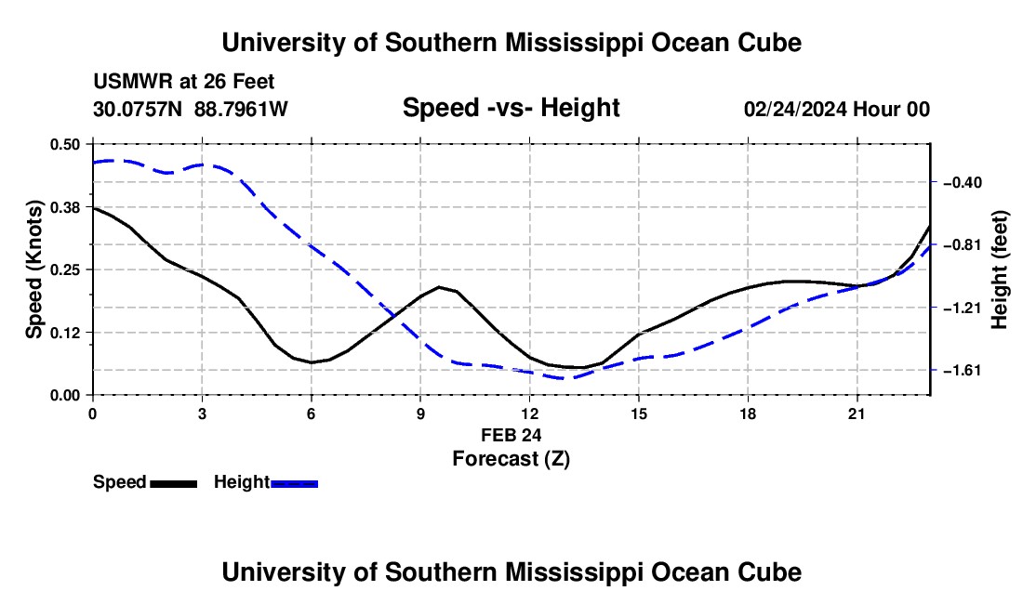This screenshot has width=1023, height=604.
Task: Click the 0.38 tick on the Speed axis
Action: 65,207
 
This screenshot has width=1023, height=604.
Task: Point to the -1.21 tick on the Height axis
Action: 963,308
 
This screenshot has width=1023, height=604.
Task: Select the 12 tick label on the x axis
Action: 530,414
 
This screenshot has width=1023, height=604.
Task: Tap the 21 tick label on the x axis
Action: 856,414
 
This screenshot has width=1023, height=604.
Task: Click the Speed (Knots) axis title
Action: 33,269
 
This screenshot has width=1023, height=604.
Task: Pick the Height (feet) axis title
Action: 999,269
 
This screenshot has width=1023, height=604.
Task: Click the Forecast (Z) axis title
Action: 511,459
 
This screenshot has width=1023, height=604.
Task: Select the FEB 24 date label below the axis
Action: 511,435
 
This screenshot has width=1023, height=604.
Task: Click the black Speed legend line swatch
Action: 174,483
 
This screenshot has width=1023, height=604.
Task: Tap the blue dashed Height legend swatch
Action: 294,483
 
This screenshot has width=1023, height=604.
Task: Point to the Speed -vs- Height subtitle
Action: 511,108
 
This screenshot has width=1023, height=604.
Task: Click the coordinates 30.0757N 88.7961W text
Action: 191,109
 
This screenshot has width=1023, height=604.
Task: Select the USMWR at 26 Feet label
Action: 184,82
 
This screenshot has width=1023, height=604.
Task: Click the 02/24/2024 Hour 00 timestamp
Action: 837,109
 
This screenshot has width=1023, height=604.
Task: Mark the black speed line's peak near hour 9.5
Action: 439,287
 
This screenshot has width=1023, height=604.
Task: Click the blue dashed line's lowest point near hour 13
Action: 561,378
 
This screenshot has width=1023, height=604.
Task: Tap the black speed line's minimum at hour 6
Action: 312,362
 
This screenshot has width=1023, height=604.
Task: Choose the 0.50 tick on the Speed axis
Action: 65,144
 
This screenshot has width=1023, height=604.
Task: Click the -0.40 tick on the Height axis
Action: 963,182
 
